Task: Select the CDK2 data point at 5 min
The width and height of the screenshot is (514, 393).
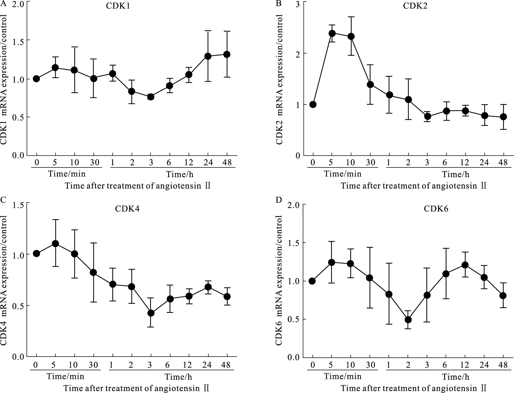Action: point(332,33)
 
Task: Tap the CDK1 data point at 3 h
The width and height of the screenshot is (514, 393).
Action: point(151,97)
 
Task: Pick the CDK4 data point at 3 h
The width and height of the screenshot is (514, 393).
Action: point(151,313)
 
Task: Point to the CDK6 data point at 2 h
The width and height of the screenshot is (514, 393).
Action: point(408,320)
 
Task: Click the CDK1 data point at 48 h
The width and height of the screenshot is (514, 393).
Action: point(227,54)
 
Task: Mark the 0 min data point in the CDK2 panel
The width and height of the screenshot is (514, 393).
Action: point(313,104)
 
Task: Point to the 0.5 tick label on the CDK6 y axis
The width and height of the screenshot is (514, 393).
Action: point(294,319)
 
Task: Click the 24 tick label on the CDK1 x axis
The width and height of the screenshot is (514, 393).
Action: point(208,162)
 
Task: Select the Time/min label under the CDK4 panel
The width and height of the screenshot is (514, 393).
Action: point(66,377)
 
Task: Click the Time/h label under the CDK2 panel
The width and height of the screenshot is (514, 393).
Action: point(455,174)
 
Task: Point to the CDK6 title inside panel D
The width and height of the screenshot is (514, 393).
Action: point(436,209)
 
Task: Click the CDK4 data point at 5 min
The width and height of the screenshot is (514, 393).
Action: point(55,244)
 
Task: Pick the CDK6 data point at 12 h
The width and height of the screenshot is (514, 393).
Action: point(465,265)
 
